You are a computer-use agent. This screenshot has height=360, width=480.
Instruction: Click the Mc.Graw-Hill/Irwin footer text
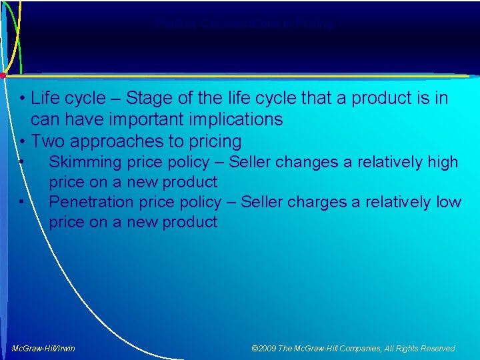click(43, 348)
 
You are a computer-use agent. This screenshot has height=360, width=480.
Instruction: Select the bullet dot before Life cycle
click(23, 99)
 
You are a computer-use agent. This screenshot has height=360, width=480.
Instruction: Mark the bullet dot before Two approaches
click(23, 142)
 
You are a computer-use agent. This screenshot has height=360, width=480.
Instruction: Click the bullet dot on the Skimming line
click(23, 162)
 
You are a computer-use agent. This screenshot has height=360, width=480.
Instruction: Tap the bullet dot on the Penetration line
click(23, 202)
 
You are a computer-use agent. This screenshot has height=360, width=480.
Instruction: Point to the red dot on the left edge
click(3, 75)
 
